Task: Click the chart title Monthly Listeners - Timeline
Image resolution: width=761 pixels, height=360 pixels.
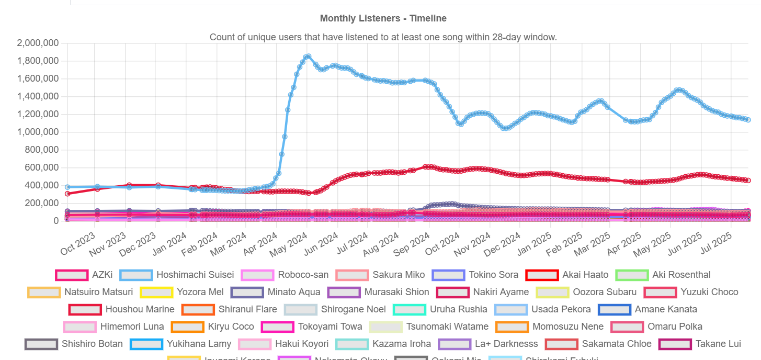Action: (383, 18)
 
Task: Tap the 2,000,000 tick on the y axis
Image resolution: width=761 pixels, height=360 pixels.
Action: (37, 43)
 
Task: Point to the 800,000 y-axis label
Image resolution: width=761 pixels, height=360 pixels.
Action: (41, 150)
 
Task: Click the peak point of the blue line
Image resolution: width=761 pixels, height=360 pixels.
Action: (308, 56)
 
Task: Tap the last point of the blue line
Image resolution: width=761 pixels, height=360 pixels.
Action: (748, 120)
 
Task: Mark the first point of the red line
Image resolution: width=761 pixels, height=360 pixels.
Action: (67, 194)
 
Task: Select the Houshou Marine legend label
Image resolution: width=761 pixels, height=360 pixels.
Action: (140, 309)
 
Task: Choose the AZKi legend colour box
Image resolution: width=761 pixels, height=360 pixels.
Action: (71, 275)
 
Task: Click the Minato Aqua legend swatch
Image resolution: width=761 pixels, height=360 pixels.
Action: (248, 292)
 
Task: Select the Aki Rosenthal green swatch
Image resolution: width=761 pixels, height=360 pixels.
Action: (631, 275)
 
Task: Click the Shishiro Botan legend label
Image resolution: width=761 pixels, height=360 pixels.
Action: (92, 344)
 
